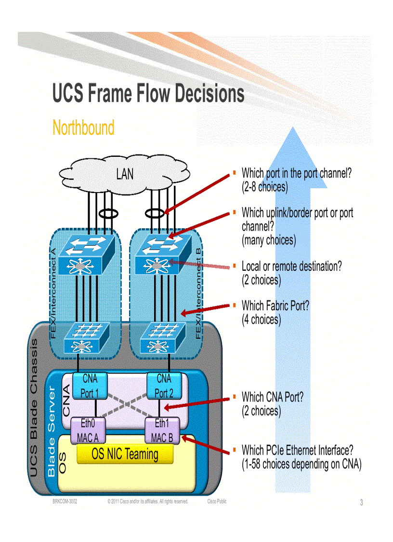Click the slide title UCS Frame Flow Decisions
[148, 94]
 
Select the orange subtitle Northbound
[83, 128]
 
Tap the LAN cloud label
[125, 174]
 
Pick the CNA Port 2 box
[164, 386]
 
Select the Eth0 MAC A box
[88, 431]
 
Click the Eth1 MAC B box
[162, 431]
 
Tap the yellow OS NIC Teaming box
[125, 454]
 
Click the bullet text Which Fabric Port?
[275, 306]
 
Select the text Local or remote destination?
[291, 266]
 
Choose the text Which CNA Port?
[273, 397]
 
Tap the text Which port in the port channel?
[296, 173]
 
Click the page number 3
[361, 503]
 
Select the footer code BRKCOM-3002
[65, 502]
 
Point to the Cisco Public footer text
[217, 502]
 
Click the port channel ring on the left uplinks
[106, 212]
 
